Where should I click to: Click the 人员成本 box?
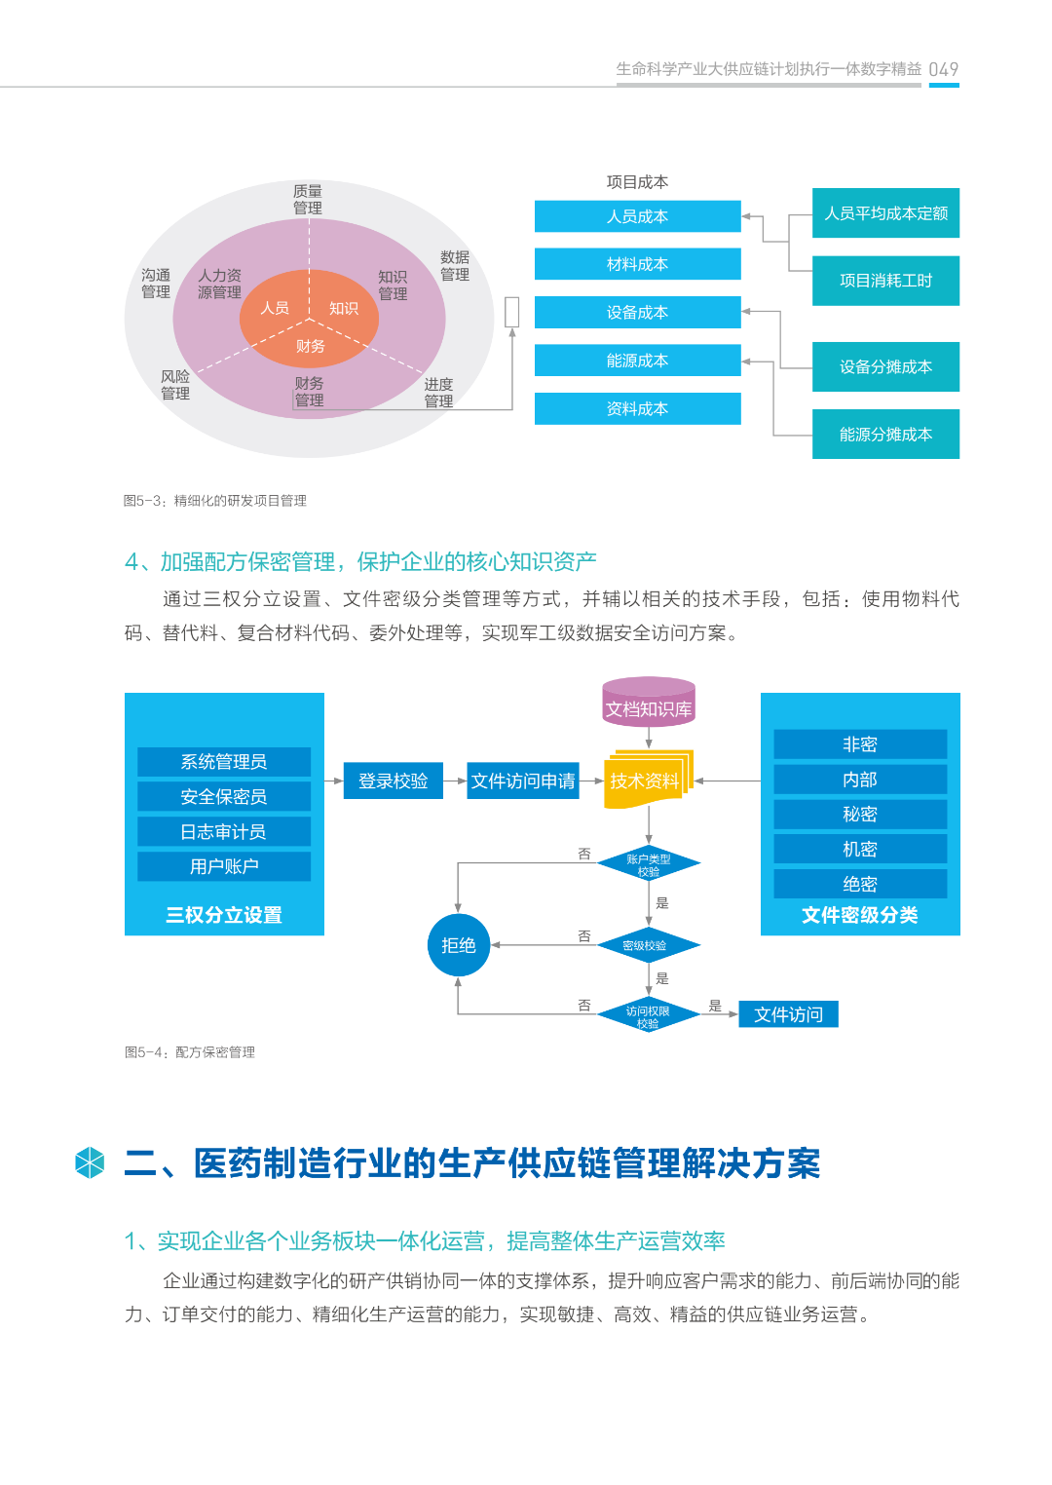(637, 216)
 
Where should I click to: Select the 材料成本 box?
(637, 264)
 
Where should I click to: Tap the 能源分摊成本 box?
(885, 435)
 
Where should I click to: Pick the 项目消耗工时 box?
(885, 281)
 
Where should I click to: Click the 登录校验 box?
(393, 781)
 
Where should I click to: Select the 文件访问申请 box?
(523, 781)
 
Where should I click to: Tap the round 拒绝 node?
(458, 945)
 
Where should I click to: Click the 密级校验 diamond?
(648, 945)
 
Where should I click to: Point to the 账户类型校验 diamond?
(648, 864)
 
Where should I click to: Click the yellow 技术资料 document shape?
(645, 780)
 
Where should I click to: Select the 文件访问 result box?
(788, 1014)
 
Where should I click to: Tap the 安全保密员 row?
(224, 796)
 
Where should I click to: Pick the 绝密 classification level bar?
(860, 884)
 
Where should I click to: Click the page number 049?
(943, 69)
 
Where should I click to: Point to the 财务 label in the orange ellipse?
(310, 347)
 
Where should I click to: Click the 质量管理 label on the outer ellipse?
(308, 200)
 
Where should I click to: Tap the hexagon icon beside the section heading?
(90, 1162)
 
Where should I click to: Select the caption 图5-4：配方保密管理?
(190, 1052)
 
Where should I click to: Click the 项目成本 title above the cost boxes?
(637, 182)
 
